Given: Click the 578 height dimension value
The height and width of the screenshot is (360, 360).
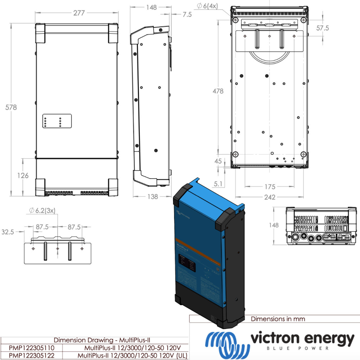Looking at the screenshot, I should click(11, 107).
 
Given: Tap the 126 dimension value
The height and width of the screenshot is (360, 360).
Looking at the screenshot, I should click(23, 175).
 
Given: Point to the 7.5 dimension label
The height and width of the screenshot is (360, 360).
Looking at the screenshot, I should click(187, 14).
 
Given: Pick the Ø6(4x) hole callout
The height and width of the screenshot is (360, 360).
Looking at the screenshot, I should click(207, 6).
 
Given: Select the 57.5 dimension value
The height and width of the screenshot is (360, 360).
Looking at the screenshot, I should click(322, 28).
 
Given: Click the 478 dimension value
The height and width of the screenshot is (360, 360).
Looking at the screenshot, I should click(218, 91).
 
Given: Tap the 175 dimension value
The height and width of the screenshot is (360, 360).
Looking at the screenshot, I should click(270, 187).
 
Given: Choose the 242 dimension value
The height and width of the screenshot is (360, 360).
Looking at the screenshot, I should click(270, 197).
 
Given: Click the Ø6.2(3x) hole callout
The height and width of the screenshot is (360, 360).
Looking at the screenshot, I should click(43, 211).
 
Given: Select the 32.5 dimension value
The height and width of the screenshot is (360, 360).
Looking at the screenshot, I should click(8, 232).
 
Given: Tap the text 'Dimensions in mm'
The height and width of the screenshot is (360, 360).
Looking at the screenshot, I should click(278, 319).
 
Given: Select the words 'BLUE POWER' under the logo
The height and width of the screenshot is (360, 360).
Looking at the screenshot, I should click(302, 348).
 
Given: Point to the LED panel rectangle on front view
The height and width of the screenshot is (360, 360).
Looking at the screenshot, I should click(57, 121).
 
